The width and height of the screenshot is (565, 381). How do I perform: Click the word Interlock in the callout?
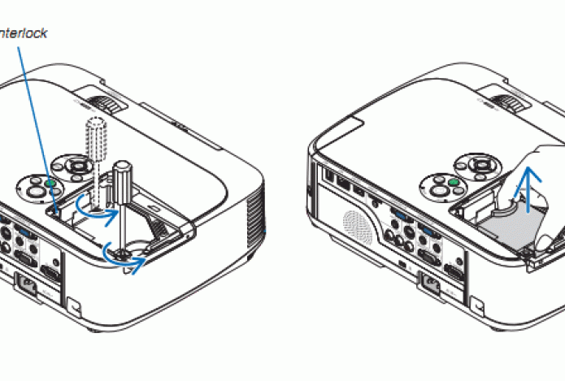[x=23, y=33]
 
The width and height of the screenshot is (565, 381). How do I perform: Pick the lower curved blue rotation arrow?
[x=126, y=255]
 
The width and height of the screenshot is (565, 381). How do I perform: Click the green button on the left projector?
[x=50, y=183]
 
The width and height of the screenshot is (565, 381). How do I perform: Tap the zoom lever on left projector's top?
[x=106, y=105]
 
